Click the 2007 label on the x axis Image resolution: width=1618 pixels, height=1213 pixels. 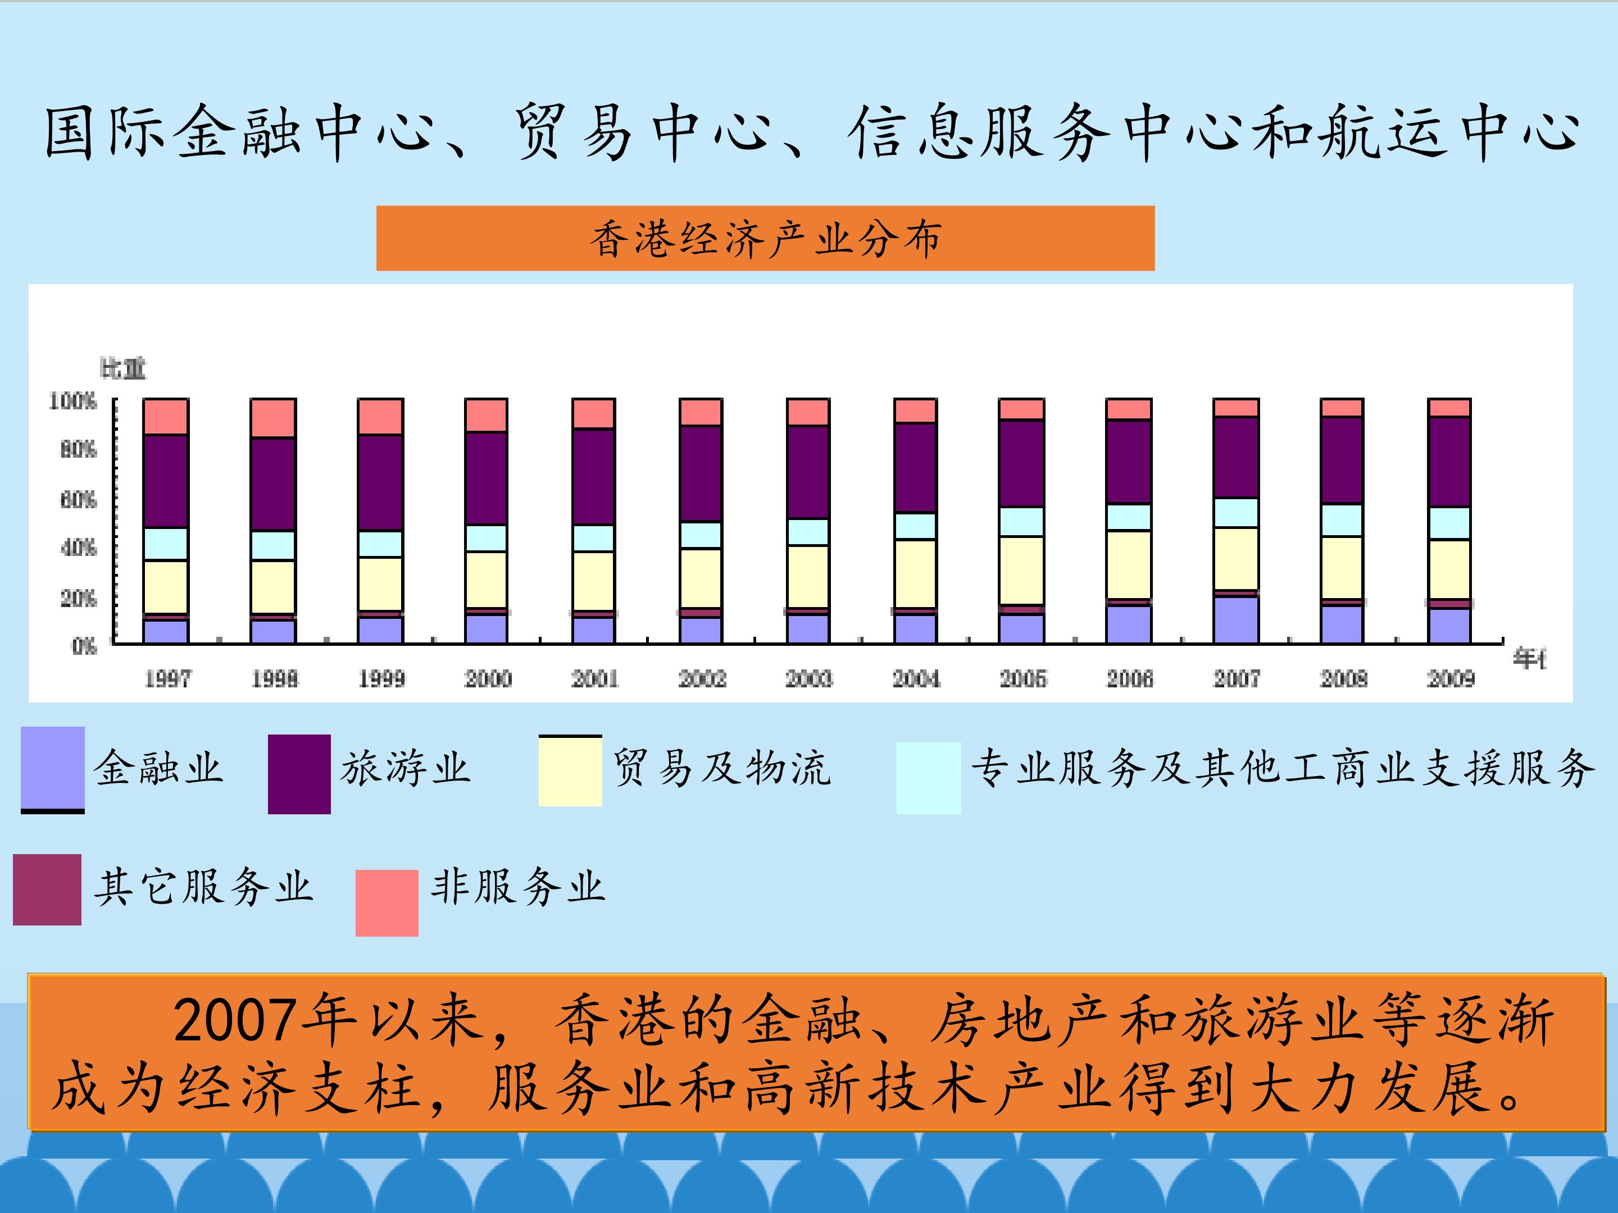click(1236, 678)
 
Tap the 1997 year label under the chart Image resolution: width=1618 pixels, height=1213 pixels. click(167, 678)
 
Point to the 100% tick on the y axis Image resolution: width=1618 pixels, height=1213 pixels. click(72, 400)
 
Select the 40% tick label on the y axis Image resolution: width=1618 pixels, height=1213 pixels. click(78, 548)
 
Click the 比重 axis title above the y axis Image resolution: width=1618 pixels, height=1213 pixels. click(123, 368)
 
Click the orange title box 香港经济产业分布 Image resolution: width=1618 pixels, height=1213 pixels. click(765, 238)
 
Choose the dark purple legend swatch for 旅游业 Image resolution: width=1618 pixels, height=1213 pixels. click(299, 774)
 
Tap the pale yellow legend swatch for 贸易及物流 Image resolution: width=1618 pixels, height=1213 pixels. click(570, 772)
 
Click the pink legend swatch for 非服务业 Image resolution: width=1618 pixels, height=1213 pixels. click(387, 902)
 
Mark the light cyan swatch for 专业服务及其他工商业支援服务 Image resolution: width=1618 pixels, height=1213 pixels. click(928, 777)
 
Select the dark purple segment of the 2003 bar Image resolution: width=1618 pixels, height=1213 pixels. click(807, 472)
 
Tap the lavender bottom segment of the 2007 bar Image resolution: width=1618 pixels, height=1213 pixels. click(1236, 619)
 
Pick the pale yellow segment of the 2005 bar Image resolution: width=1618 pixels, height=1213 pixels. click(1021, 571)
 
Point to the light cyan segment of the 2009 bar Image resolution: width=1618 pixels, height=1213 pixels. click(1449, 523)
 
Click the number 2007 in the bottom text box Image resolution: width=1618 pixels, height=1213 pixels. click(235, 1021)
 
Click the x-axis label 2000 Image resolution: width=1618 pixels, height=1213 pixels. click(488, 678)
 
